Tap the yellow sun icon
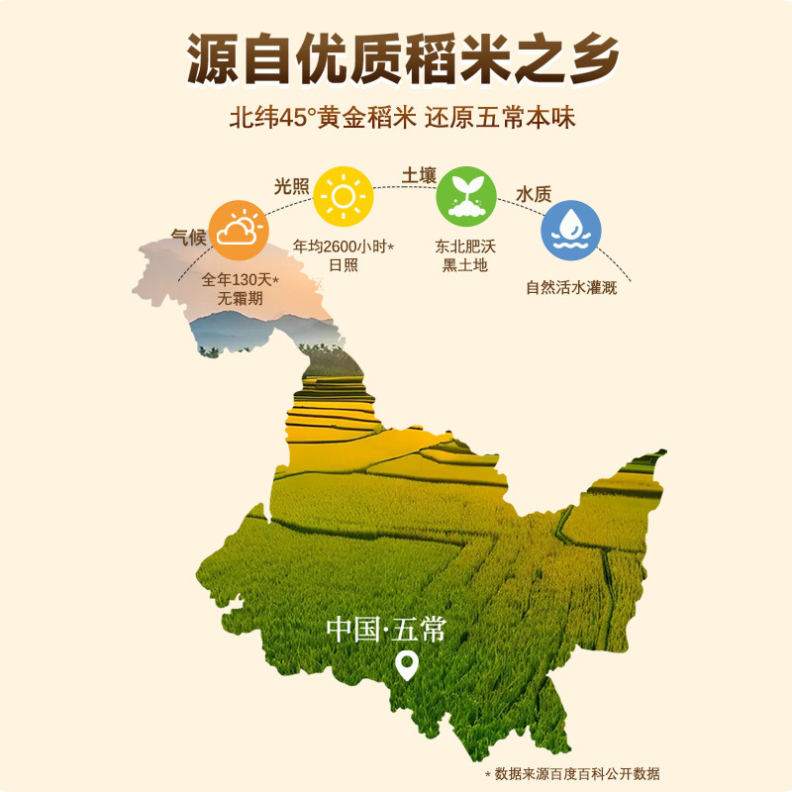[x=343, y=196]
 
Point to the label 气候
[x=188, y=238]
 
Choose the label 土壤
[x=419, y=175]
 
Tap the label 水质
[x=533, y=194]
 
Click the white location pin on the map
[x=407, y=665]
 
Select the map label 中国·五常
[x=387, y=630]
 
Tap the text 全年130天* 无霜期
[x=241, y=288]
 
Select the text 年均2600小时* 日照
[x=344, y=253]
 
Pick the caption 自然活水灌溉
[x=571, y=289]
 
